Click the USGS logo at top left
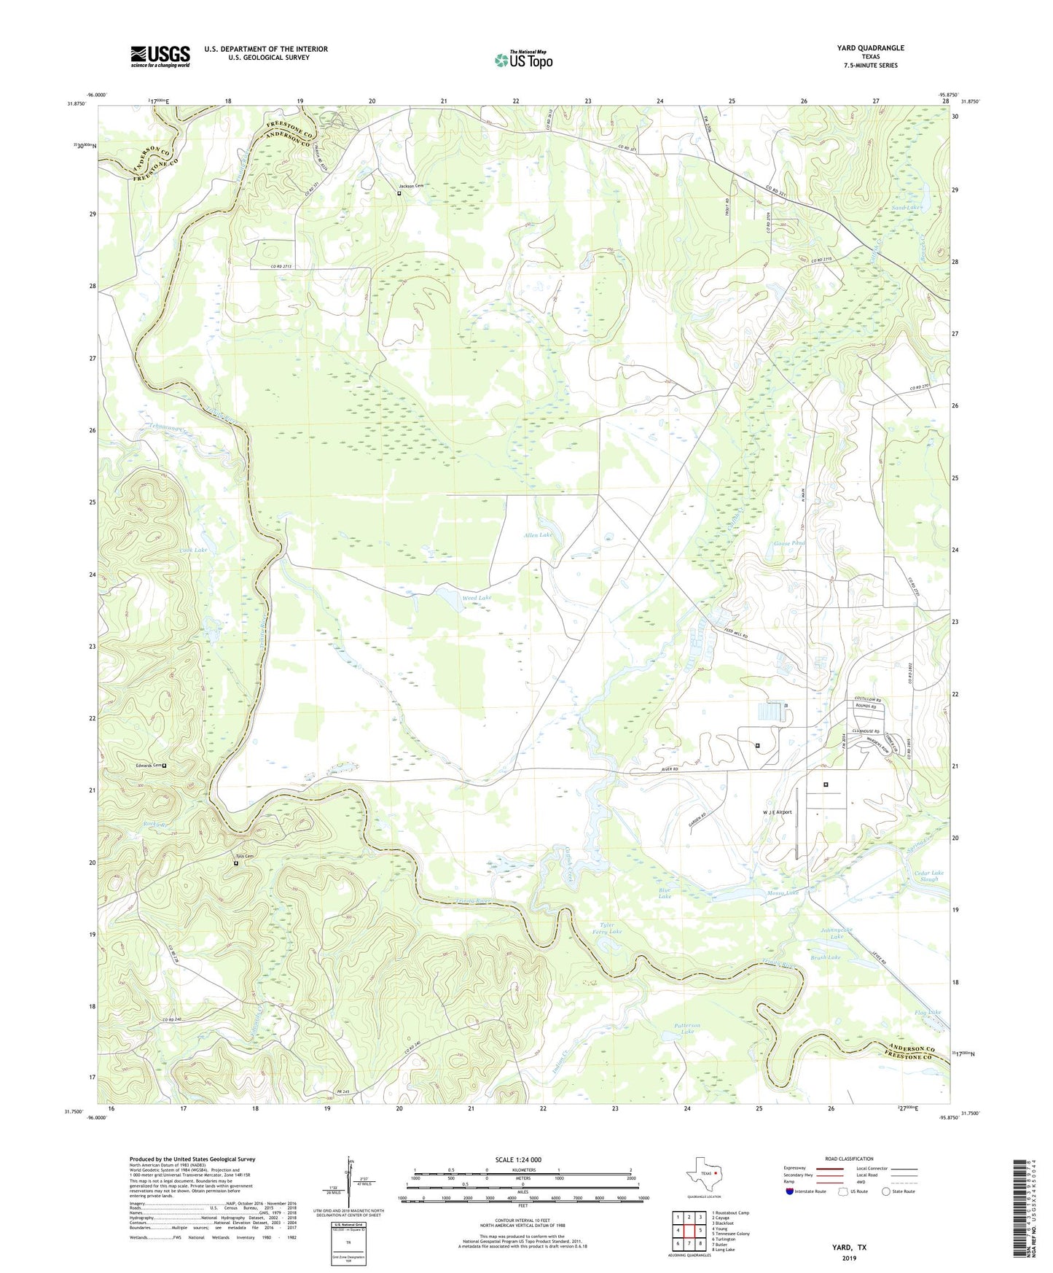click(x=160, y=56)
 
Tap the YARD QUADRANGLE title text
click(x=870, y=48)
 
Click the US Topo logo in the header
click(x=523, y=60)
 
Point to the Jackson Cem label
click(x=410, y=186)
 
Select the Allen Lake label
click(x=538, y=535)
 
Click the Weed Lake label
click(x=477, y=597)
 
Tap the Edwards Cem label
click(x=148, y=766)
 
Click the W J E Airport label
click(x=777, y=811)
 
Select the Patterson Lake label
click(x=686, y=1028)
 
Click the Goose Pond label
click(x=788, y=544)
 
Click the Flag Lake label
click(x=927, y=1012)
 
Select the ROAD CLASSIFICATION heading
click(x=829, y=1159)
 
